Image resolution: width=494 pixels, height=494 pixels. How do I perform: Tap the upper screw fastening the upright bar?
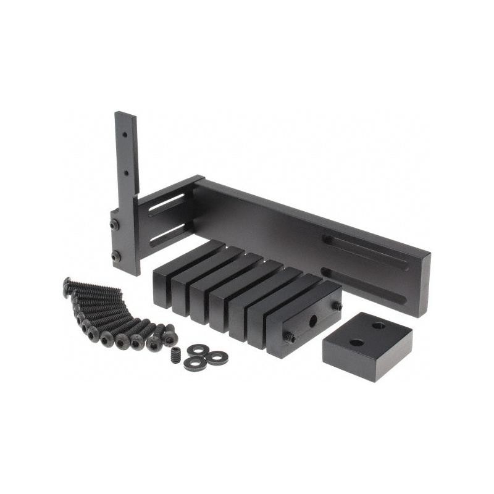tap(115, 226)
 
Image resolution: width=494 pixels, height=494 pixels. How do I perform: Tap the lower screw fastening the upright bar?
tap(115, 256)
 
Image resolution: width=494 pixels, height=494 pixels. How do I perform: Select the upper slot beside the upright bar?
tap(166, 204)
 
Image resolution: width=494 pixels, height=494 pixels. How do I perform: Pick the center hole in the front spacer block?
tap(313, 320)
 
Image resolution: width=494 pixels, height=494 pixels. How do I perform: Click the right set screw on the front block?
tap(338, 305)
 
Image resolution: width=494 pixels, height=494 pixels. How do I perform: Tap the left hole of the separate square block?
tap(357, 342)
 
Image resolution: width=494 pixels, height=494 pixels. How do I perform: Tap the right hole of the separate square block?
tap(379, 325)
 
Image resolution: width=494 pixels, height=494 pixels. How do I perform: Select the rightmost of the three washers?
tap(217, 358)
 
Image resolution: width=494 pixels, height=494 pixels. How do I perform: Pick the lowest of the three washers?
tap(195, 364)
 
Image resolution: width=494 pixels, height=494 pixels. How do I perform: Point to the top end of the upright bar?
tap(126, 115)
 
